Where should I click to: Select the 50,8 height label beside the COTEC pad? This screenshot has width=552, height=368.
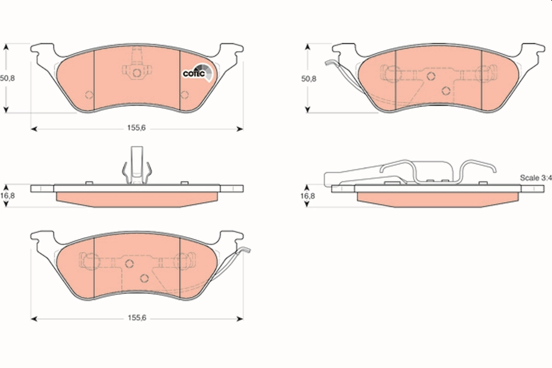point(8,78)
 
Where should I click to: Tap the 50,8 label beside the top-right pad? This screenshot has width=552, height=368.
point(309,79)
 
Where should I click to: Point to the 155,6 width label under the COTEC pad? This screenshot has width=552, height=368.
point(136,129)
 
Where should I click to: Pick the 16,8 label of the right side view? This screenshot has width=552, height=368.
point(309,195)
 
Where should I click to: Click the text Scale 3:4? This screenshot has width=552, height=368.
point(535,178)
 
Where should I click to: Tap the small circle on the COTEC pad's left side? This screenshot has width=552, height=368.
point(89,95)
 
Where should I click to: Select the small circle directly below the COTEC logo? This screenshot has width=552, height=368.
point(184,95)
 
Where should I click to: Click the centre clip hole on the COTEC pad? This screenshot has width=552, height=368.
point(137,72)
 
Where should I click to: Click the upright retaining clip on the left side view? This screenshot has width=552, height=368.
point(137,166)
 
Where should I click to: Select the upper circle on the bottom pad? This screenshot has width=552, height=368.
point(129,263)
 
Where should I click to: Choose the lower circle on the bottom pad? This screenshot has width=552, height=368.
point(144,278)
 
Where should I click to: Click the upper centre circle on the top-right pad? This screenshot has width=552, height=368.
point(431,76)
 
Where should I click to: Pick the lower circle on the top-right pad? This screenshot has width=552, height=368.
point(446,91)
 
